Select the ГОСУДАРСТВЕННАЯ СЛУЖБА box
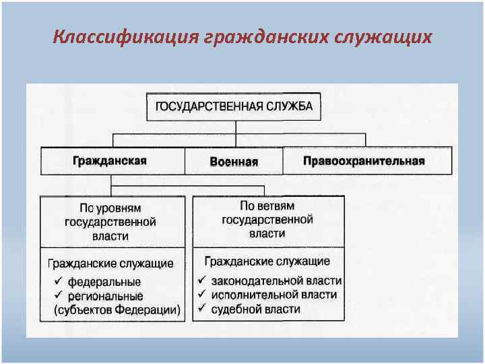[x=234, y=107]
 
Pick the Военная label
[x=234, y=162]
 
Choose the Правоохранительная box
[x=364, y=161]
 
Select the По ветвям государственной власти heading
[x=267, y=220]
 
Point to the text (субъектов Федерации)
[x=116, y=310]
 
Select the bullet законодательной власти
[x=276, y=280]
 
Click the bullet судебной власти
[x=256, y=309]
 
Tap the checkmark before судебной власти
[x=201, y=309]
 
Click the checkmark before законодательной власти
[x=201, y=280]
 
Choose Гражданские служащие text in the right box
[x=267, y=261]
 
